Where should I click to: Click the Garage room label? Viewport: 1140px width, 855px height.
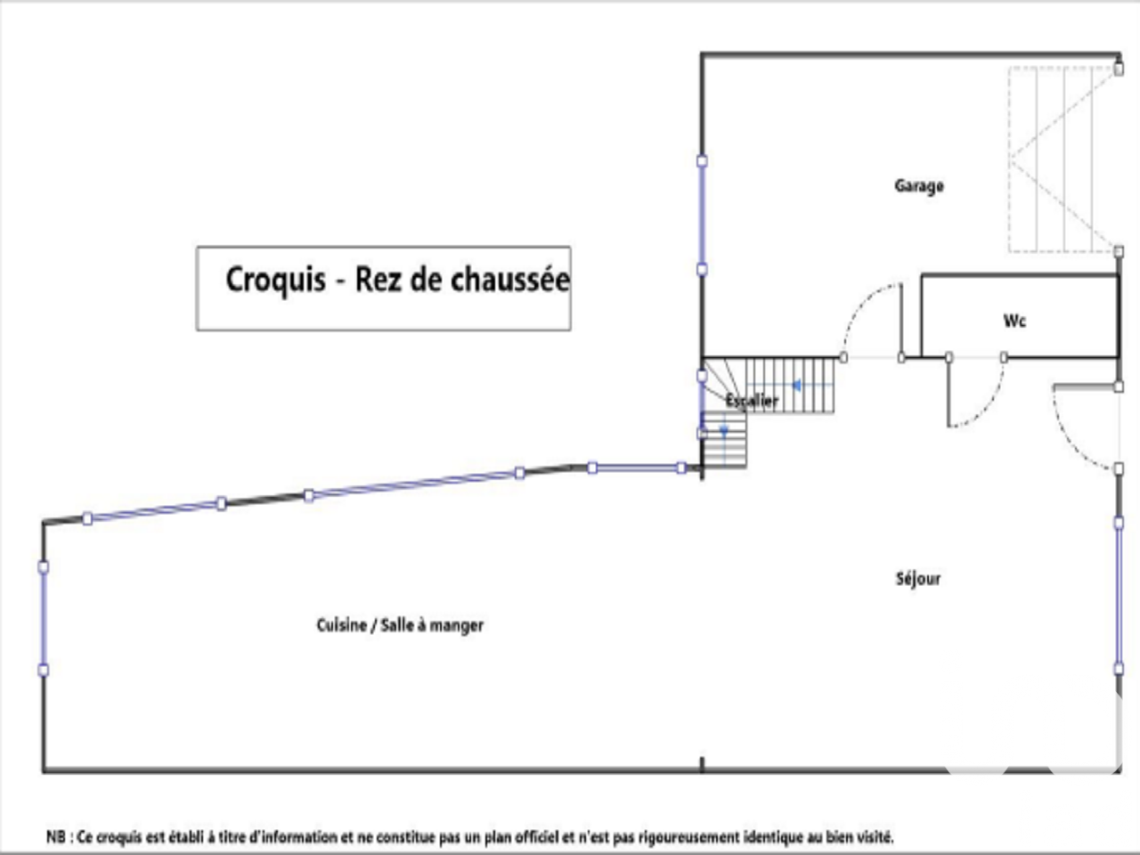click(x=918, y=185)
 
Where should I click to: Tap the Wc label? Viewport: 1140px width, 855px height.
click(x=1014, y=321)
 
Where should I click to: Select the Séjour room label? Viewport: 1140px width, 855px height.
click(x=917, y=579)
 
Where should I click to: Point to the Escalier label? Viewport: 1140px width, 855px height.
click(x=752, y=401)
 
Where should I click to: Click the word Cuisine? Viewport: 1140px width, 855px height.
click(x=341, y=625)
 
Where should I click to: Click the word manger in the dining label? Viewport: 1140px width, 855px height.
click(x=456, y=625)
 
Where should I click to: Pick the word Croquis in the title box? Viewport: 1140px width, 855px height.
click(x=275, y=280)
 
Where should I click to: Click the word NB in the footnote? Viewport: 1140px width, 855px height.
click(x=55, y=837)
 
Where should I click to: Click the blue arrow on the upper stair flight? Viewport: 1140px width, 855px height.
click(x=798, y=386)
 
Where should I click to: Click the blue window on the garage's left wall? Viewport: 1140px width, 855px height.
click(x=702, y=215)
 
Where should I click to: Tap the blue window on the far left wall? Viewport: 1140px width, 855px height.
click(x=43, y=618)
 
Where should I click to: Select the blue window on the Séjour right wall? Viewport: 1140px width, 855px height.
click(x=1120, y=595)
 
